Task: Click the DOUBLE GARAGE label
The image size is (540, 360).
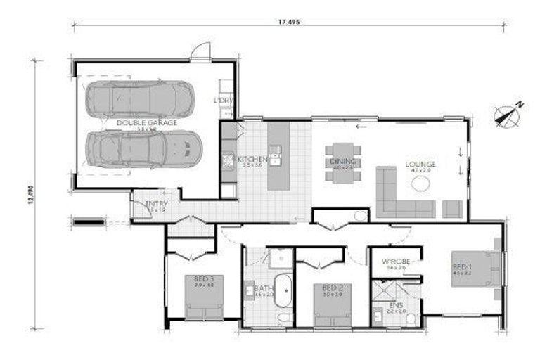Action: click(x=147, y=122)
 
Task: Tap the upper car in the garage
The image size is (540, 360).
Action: click(x=139, y=98)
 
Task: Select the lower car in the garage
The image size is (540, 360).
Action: click(x=144, y=149)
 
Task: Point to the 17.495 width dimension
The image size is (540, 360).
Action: click(x=288, y=22)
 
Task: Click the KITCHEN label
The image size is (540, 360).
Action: click(x=252, y=159)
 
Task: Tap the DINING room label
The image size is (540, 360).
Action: click(x=343, y=161)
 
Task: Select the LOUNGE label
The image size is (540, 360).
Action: click(x=420, y=165)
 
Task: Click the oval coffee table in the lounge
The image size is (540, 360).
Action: click(x=420, y=184)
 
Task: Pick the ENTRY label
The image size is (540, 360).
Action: click(x=155, y=205)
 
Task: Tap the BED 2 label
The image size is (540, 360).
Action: click(x=332, y=288)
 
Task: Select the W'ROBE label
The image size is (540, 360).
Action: click(x=394, y=262)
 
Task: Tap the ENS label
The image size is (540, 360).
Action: click(x=396, y=305)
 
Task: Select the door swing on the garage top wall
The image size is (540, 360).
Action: click(x=202, y=51)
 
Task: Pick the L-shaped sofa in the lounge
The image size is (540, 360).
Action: click(x=401, y=197)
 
